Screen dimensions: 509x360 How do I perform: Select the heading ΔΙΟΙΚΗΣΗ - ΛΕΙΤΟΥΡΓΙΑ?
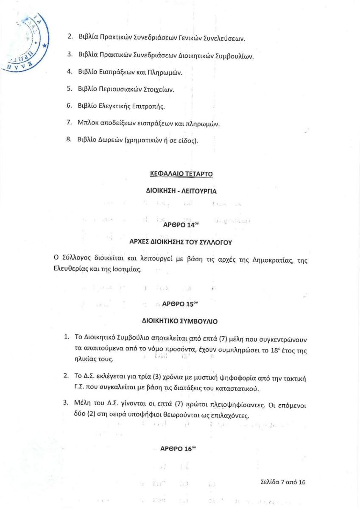point(181,191)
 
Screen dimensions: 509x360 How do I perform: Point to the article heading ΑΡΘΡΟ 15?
point(179,304)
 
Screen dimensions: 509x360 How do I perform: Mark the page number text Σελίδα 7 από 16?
point(283,482)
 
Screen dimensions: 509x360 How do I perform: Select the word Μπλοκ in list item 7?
point(87,123)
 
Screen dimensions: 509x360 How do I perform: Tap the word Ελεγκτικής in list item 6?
point(121,106)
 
